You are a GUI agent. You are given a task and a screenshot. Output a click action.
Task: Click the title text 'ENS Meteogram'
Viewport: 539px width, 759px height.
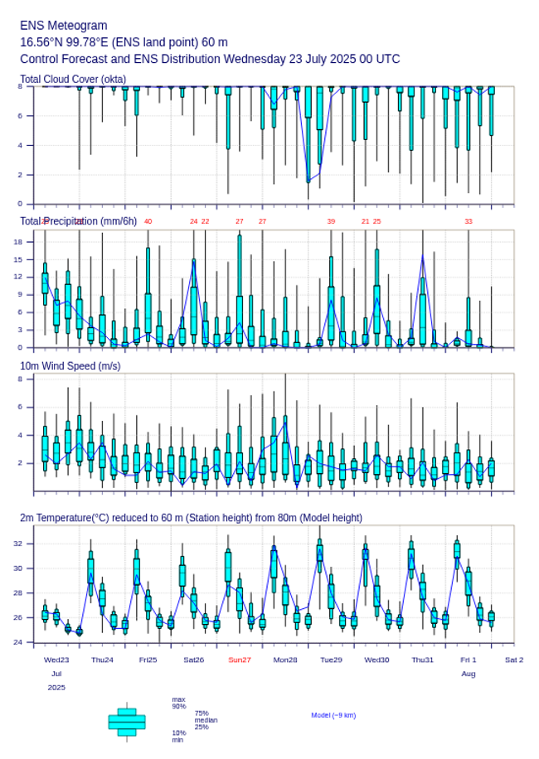click(64, 26)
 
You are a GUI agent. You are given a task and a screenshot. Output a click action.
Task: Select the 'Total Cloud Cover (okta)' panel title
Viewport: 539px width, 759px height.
click(73, 80)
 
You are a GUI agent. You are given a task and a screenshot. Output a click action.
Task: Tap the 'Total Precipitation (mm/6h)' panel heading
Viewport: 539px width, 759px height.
click(79, 220)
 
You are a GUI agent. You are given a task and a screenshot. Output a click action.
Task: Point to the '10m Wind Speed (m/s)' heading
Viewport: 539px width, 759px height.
click(70, 365)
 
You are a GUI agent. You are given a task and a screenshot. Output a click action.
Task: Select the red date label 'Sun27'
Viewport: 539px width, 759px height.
click(240, 660)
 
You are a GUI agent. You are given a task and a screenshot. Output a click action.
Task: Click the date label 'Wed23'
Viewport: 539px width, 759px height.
click(56, 660)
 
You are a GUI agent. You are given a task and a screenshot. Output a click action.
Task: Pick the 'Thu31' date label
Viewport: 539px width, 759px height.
click(423, 660)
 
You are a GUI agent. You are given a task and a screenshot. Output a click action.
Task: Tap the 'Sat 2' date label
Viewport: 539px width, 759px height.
click(514, 660)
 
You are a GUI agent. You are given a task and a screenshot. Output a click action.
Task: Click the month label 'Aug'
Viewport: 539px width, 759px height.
click(468, 674)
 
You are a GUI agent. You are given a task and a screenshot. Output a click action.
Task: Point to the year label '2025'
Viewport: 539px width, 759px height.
click(56, 688)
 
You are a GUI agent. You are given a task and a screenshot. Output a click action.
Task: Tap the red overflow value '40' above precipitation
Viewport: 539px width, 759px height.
click(148, 221)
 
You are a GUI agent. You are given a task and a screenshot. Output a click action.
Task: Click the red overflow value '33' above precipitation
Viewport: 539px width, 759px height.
click(468, 221)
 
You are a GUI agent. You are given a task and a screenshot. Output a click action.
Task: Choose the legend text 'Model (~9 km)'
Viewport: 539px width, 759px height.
click(333, 715)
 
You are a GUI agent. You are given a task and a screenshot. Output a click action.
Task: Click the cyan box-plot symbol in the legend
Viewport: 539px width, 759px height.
click(127, 722)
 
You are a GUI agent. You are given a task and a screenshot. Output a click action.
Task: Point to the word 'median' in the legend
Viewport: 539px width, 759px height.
click(206, 720)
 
